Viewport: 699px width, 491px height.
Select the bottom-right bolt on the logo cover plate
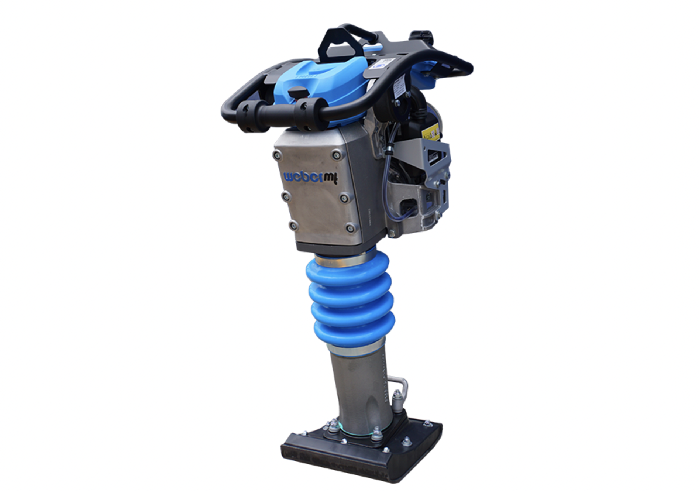click(351, 228)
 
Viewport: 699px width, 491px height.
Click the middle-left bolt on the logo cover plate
click(285, 196)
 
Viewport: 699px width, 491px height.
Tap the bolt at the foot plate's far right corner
click(427, 423)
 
